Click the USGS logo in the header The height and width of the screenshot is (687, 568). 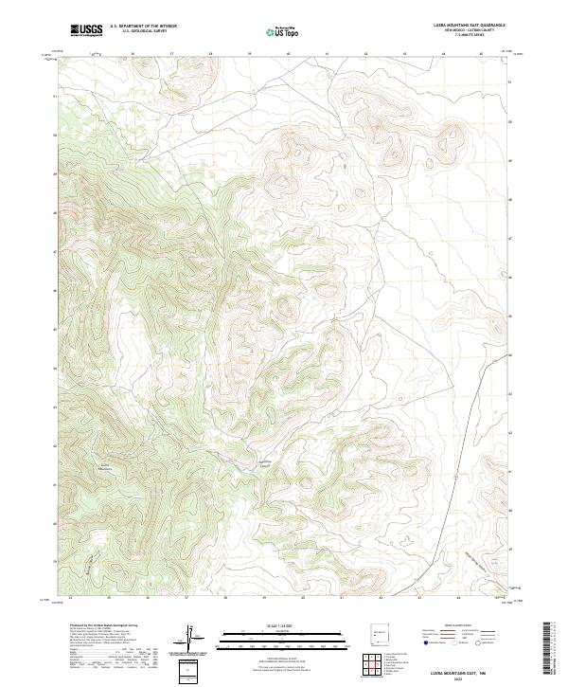pyautogui.click(x=86, y=30)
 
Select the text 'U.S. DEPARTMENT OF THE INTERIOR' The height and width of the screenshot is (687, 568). pyautogui.click(x=143, y=26)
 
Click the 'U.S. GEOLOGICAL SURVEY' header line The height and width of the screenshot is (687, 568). pyautogui.click(x=143, y=31)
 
